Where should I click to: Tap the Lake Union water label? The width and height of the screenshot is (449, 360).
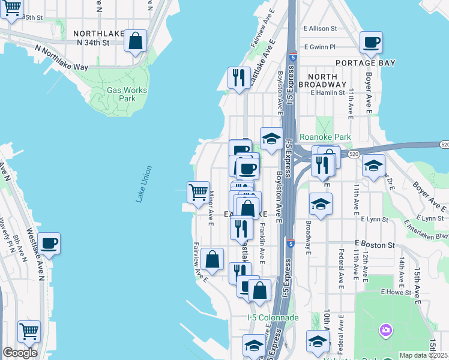(x=143, y=184)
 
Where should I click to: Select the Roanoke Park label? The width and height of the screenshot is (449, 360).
(x=325, y=137)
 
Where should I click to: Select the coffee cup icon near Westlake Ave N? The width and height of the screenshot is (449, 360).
(x=49, y=243)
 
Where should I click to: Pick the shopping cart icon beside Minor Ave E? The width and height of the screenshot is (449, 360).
(x=198, y=192)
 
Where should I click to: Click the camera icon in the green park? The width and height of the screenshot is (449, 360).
(x=385, y=330)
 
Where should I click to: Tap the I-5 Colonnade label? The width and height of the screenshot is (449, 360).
(x=273, y=317)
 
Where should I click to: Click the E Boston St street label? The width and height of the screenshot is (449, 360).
(x=374, y=245)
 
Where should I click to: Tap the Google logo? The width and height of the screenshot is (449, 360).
(x=20, y=353)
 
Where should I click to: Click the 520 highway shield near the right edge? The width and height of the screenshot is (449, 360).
(x=444, y=145)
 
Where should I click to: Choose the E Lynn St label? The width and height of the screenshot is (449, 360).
(x=429, y=219)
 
